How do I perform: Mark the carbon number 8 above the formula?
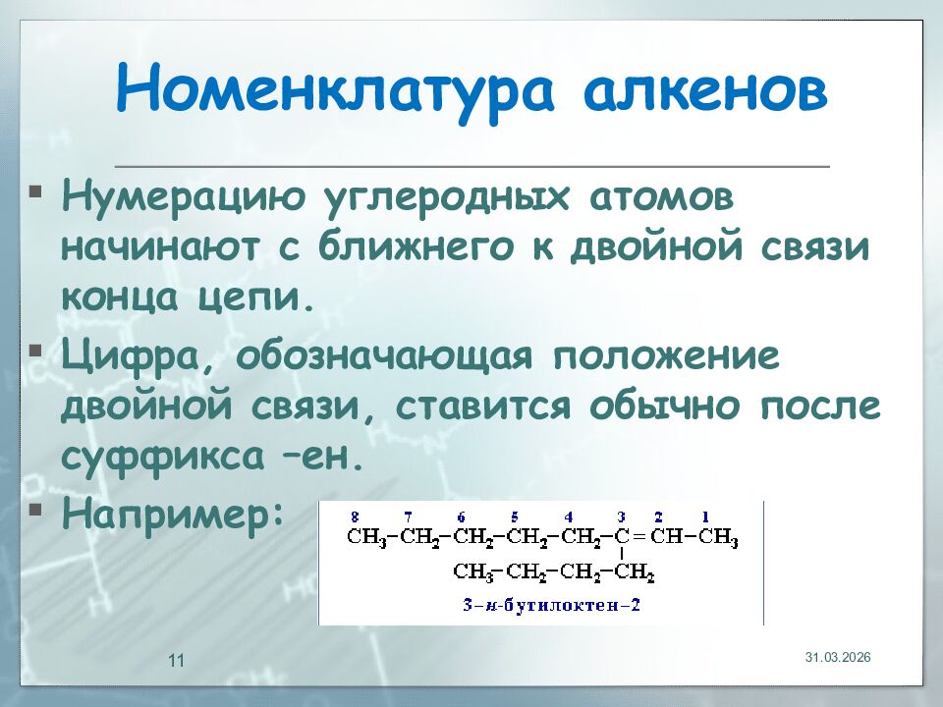(355, 517)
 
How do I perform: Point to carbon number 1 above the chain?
(704, 517)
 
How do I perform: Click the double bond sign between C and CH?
(637, 538)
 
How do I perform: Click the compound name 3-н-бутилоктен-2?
(552, 605)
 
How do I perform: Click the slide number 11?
(177, 660)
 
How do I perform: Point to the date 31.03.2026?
(838, 656)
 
